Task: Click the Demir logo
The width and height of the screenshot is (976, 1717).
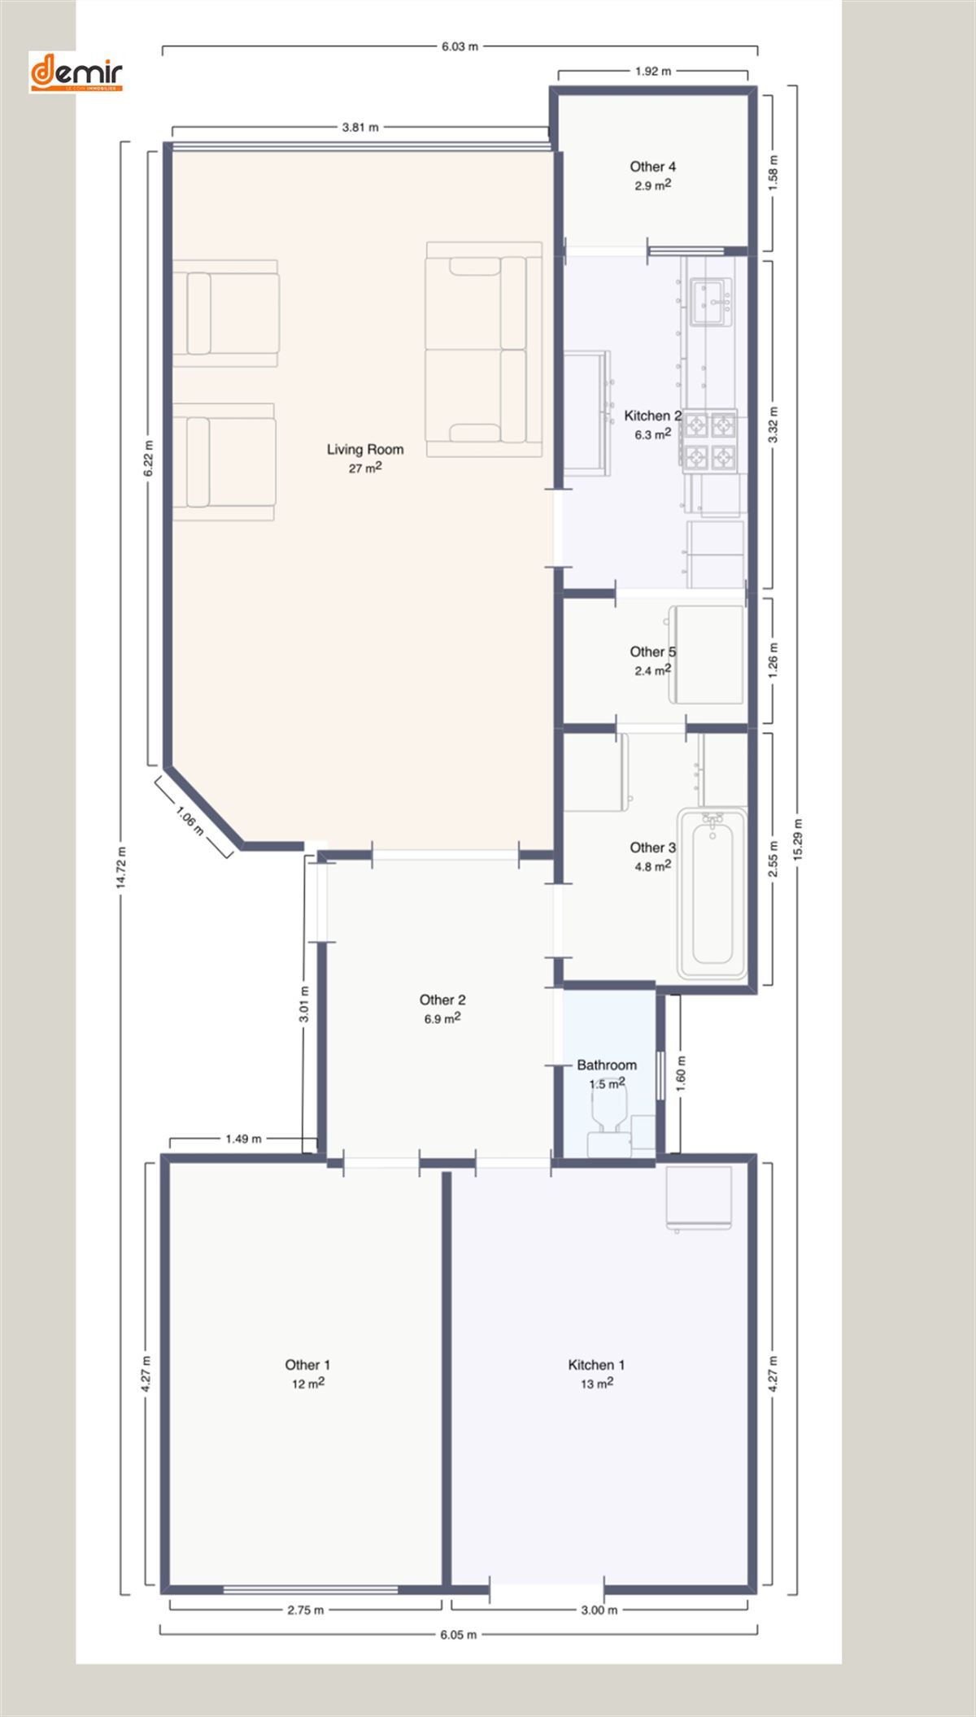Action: pos(76,72)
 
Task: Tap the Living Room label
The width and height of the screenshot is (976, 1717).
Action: pos(365,449)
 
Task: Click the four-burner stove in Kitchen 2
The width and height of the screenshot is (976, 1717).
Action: pos(710,441)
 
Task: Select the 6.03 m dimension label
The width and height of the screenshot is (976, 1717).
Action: pos(460,46)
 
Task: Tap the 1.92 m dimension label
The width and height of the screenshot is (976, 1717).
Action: pos(653,71)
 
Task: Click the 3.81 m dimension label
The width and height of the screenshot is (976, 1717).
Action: pos(360,127)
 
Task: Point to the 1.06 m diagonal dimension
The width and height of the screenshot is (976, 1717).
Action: pos(190,820)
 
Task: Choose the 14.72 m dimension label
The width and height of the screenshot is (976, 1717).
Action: pos(122,868)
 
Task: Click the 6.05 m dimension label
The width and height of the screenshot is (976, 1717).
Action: pos(459,1634)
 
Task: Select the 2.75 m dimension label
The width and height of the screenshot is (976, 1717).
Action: pos(306,1610)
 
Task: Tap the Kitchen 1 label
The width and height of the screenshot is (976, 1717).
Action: pos(596,1365)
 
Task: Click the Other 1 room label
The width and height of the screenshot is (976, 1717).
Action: pos(307,1365)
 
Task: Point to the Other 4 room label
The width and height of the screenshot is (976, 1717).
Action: pos(652,167)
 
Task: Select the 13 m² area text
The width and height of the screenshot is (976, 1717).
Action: pos(596,1383)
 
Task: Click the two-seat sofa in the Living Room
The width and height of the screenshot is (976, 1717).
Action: pos(484,349)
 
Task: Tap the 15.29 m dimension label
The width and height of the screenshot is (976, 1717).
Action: pos(798,839)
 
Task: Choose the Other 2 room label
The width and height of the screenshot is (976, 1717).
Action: pos(442,1000)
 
